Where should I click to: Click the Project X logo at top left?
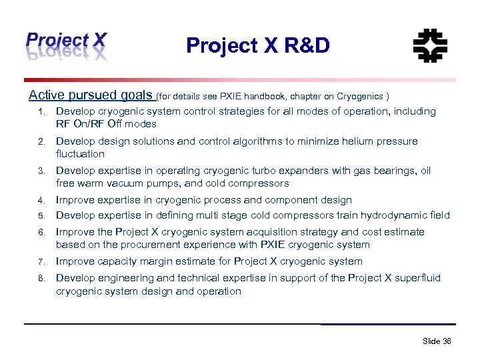click(65, 45)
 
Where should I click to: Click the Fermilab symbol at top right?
click(430, 46)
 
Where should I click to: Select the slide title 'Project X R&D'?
click(257, 45)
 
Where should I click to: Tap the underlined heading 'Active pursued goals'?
click(91, 95)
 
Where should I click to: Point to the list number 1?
click(41, 112)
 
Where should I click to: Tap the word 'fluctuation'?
click(80, 154)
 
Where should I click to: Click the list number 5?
click(41, 215)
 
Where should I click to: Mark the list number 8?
click(41, 279)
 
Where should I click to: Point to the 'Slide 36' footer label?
click(437, 341)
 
